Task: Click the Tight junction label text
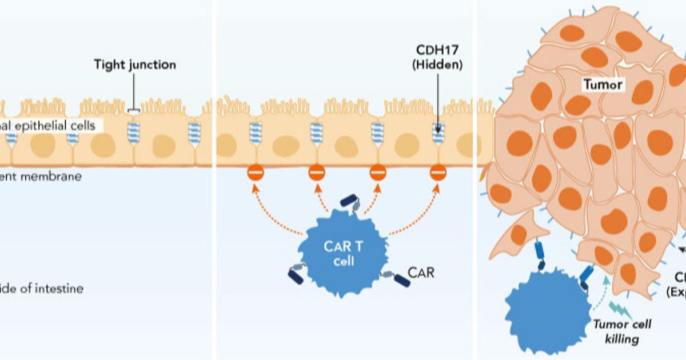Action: coord(135,65)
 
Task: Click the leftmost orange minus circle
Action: coord(254,171)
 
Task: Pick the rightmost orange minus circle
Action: coord(438,171)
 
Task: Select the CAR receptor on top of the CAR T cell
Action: coord(350,203)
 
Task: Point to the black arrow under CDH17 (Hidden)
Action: coord(437,97)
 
